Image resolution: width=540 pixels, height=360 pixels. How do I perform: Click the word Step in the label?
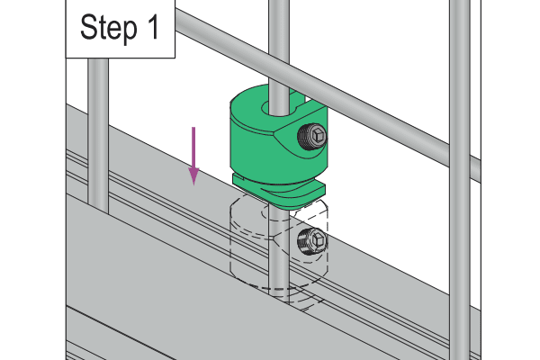[109, 29]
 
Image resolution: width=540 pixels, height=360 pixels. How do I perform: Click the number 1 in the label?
[154, 27]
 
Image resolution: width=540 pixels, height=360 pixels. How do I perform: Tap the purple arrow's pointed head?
[193, 176]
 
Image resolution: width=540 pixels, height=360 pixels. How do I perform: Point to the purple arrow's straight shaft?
[193, 148]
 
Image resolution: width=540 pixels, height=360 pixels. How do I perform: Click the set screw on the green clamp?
[312, 136]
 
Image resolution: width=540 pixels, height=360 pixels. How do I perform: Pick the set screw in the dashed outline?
[312, 241]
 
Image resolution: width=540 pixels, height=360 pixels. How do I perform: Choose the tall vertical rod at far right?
[460, 180]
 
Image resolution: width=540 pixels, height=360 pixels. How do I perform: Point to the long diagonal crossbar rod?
[328, 91]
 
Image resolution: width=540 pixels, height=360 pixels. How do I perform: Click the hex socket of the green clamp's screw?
[318, 134]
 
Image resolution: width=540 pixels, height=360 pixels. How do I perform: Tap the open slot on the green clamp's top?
[297, 99]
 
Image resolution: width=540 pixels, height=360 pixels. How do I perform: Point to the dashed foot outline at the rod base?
[296, 299]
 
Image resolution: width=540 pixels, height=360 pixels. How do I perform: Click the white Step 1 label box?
[121, 29]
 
